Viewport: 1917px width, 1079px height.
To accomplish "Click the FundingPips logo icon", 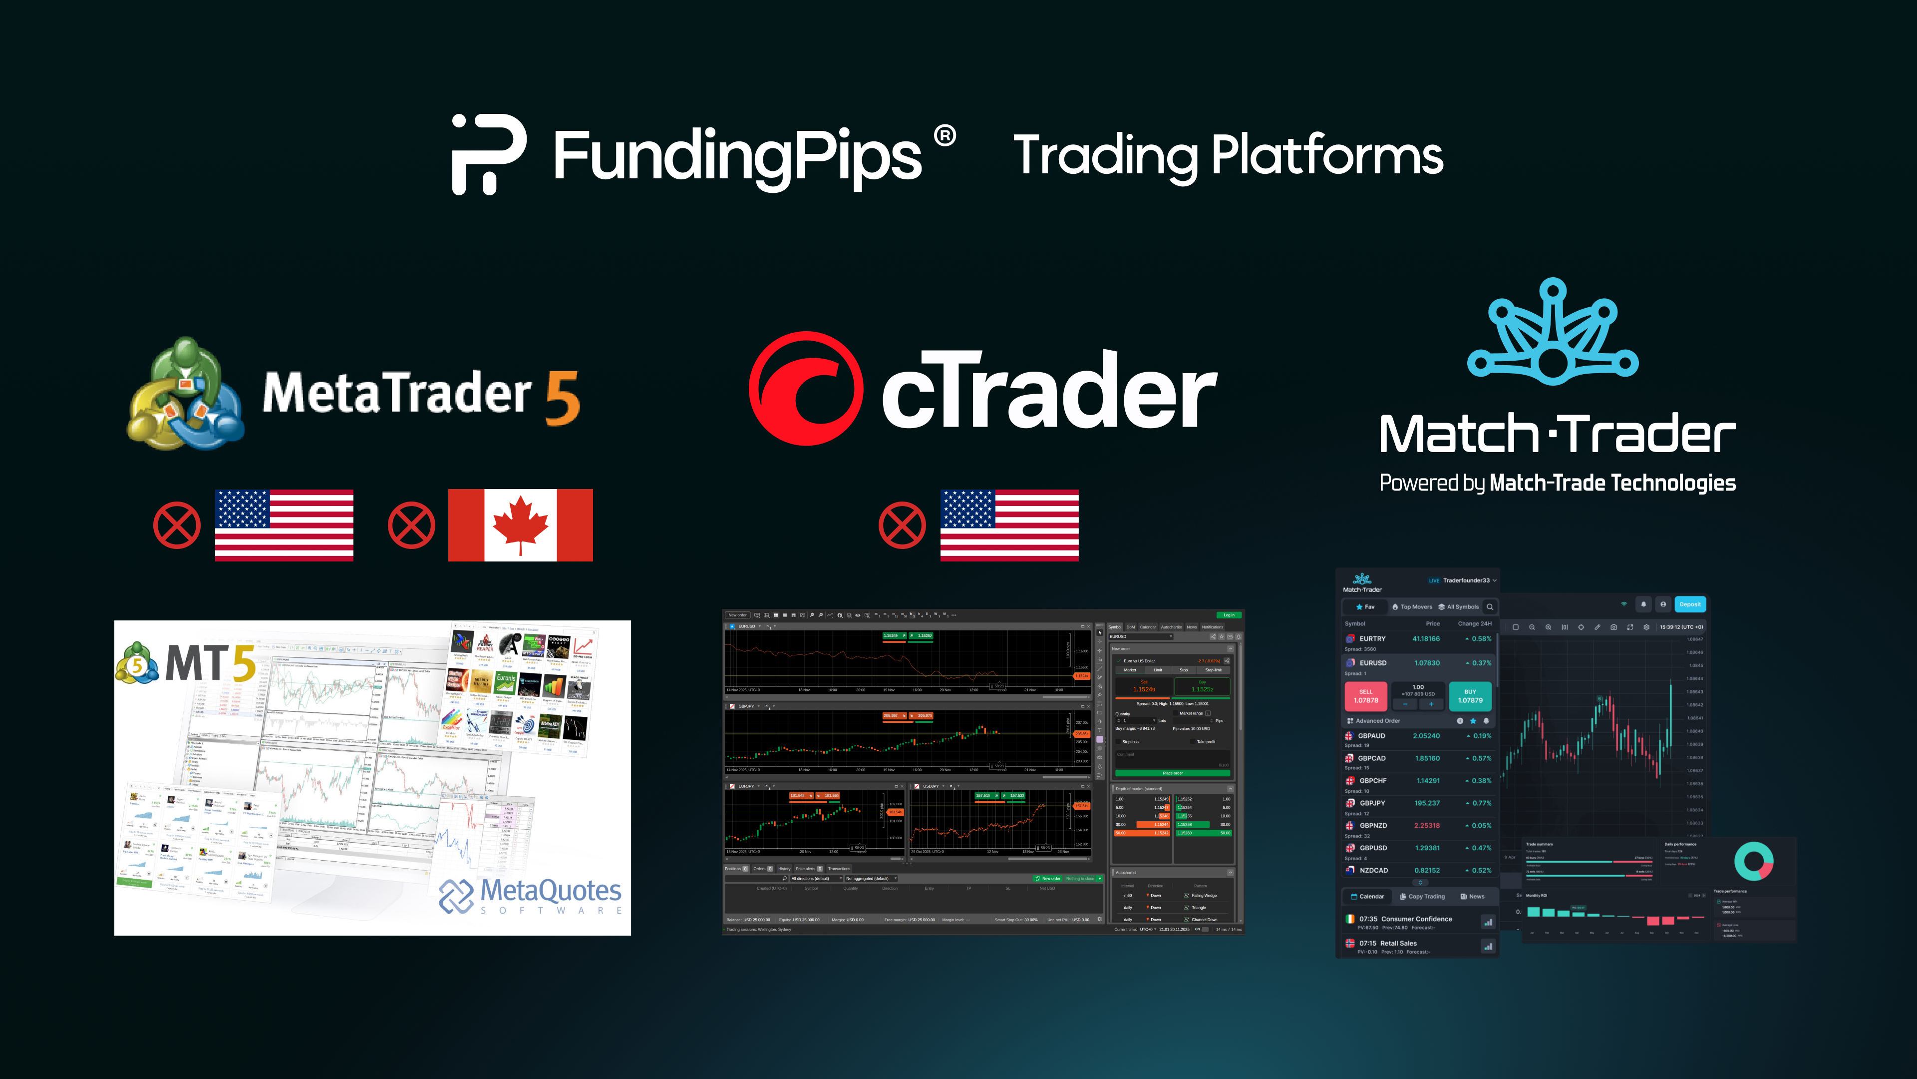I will [489, 154].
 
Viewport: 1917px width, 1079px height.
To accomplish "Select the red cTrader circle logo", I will [806, 389].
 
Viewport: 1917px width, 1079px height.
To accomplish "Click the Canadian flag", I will [520, 525].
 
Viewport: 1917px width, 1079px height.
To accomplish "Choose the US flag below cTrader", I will [1009, 525].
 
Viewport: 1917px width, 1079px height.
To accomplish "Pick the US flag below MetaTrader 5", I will [284, 525].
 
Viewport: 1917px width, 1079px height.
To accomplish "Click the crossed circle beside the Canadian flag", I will [411, 525].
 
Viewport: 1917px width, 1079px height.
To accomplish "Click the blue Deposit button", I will [1690, 604].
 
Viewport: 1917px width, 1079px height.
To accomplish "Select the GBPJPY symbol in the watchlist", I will [1372, 803].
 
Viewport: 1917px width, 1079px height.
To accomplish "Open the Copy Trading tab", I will [1422, 897].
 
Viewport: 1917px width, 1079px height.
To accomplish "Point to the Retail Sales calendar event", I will [1398, 944].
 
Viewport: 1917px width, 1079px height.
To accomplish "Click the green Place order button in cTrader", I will [1172, 773].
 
